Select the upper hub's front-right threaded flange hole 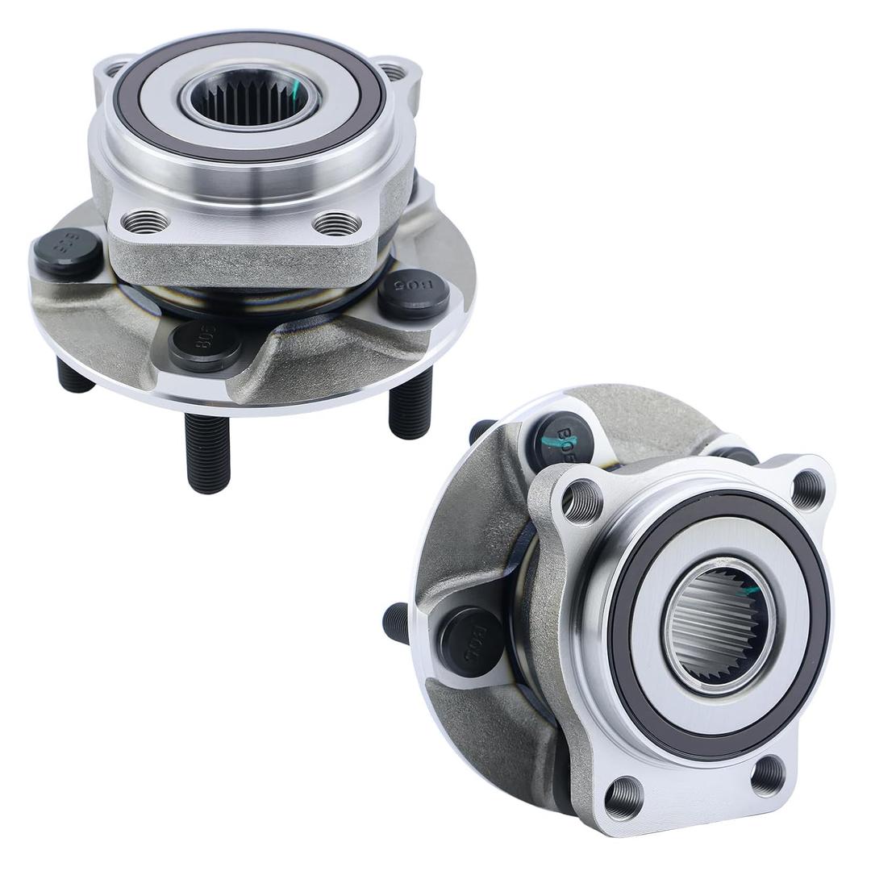click(337, 223)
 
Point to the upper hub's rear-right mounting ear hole click(393, 72)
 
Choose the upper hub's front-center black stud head click(205, 345)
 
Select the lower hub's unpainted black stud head click(472, 641)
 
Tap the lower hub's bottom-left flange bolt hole click(624, 798)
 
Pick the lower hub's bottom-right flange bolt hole click(768, 775)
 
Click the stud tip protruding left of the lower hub click(396, 623)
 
